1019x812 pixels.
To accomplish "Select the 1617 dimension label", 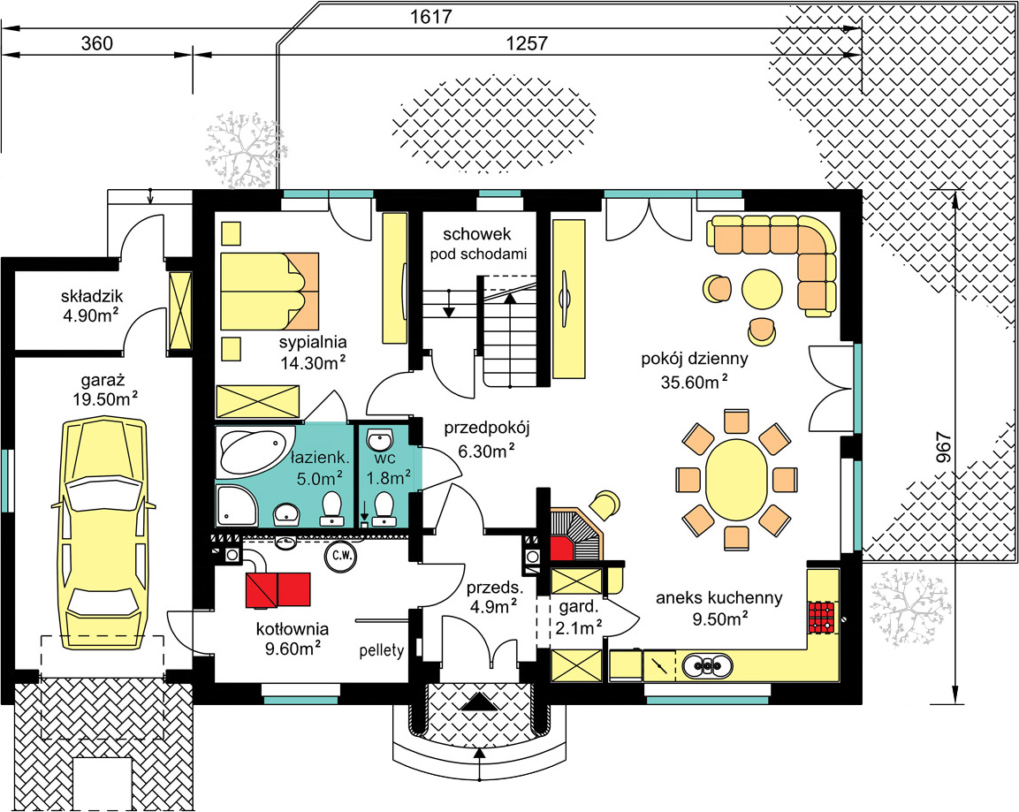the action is (x=431, y=17).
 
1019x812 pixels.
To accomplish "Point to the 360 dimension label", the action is (x=97, y=43).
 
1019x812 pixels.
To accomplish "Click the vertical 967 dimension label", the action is (x=944, y=448).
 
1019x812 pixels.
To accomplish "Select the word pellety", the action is (x=382, y=650).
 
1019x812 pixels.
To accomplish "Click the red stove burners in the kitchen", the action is (x=821, y=618).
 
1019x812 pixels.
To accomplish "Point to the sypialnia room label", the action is (x=313, y=342).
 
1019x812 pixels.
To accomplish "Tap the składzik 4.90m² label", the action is (x=92, y=306).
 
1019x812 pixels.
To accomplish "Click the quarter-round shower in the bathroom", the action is (x=237, y=505).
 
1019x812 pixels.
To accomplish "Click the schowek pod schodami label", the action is (x=478, y=244).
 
